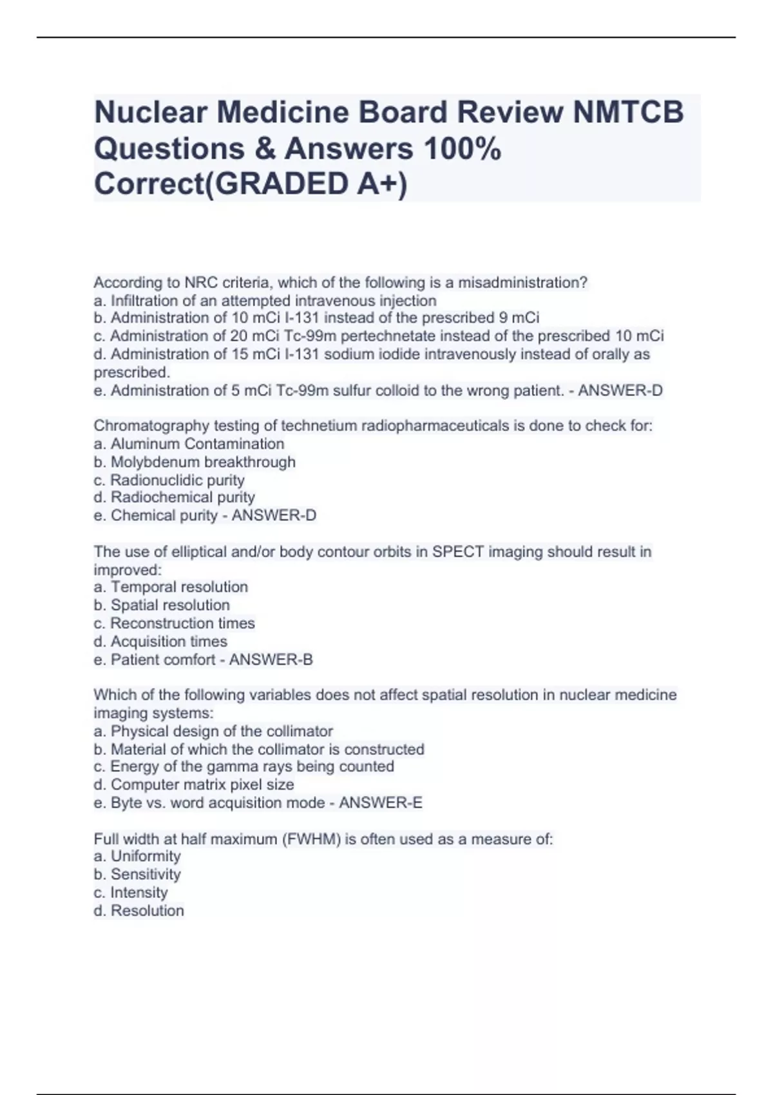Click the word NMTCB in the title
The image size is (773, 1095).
point(628,112)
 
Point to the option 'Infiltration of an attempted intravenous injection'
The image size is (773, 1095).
point(273,300)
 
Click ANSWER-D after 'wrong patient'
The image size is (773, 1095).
point(620,390)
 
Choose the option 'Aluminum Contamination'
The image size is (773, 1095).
point(196,444)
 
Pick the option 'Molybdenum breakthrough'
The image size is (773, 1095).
point(203,462)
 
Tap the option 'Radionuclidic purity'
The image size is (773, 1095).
point(177,480)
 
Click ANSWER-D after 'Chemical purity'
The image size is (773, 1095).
point(274,515)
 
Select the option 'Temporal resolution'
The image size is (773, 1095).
point(178,587)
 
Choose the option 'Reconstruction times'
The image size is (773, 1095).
point(182,623)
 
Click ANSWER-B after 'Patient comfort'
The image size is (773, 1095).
point(271,660)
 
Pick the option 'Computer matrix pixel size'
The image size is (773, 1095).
point(202,785)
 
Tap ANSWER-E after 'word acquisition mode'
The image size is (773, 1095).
point(381,803)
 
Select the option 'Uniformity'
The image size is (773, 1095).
point(145,856)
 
